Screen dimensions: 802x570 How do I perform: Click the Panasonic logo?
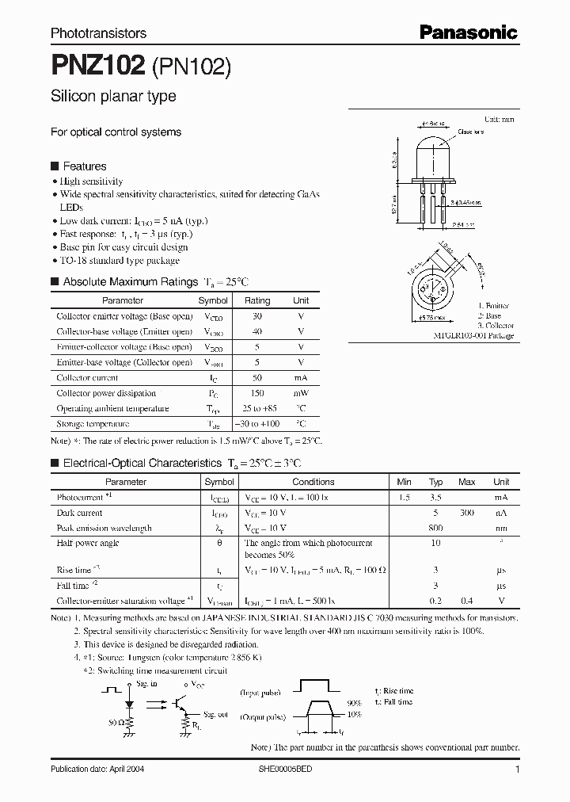468,32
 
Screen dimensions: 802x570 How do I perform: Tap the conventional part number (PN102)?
191,67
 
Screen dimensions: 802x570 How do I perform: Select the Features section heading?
84,166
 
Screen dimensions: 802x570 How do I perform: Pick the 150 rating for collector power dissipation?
256,393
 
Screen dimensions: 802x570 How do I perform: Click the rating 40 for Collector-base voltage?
256,331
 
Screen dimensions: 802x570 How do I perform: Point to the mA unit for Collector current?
301,378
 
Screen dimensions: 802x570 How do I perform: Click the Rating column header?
256,300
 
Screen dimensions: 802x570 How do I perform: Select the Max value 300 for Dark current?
467,513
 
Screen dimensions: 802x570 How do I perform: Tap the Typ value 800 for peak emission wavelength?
435,528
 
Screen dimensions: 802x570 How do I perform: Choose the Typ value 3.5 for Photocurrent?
435,498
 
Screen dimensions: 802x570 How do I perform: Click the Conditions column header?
313,482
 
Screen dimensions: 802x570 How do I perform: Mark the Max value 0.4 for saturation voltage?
467,601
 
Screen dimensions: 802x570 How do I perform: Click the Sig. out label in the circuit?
215,714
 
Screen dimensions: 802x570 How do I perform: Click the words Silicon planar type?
113,96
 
